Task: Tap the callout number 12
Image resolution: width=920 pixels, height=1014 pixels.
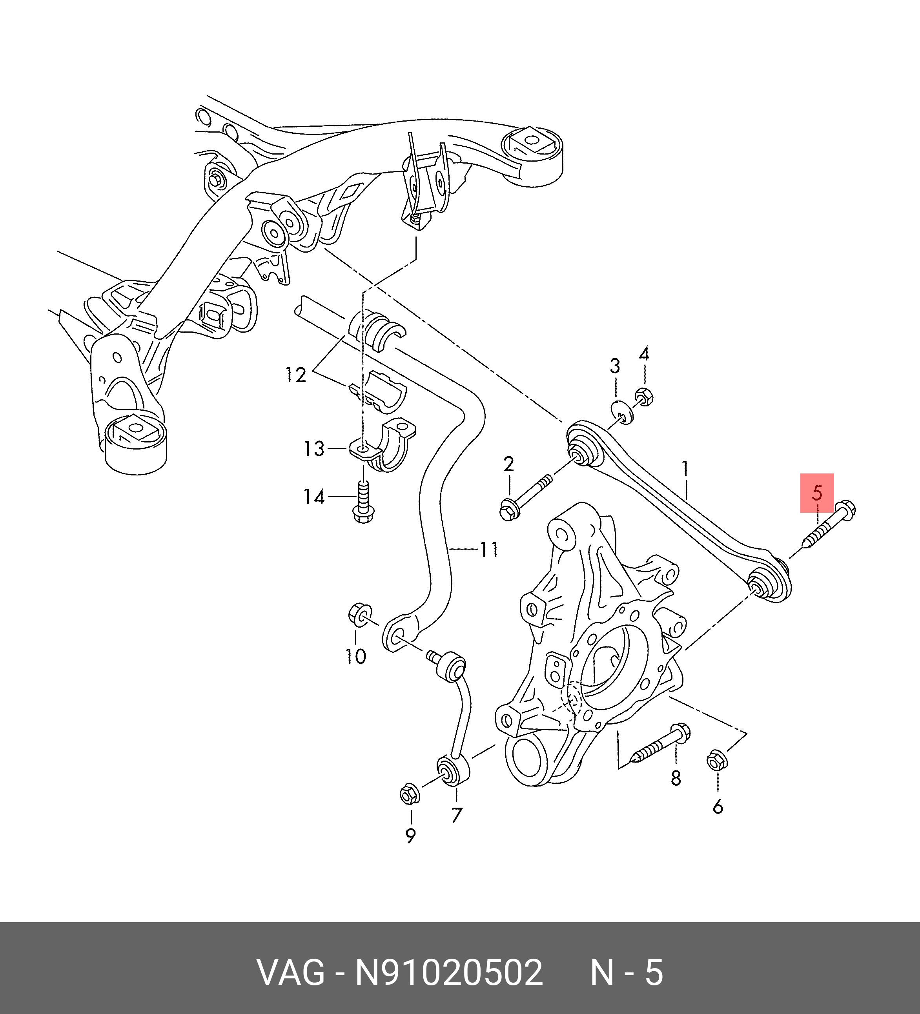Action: click(x=296, y=375)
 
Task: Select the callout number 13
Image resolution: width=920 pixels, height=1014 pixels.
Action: click(x=314, y=449)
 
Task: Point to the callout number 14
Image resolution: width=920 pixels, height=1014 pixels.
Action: click(x=314, y=497)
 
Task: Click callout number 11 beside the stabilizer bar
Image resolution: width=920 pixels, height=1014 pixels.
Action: click(x=489, y=549)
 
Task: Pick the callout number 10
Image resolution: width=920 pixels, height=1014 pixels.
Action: click(x=355, y=656)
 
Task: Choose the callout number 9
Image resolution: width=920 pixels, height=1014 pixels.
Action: click(x=410, y=836)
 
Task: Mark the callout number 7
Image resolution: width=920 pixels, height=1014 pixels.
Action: click(x=457, y=814)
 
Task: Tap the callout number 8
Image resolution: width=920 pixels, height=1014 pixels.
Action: click(x=676, y=778)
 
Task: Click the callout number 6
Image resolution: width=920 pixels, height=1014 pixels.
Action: click(x=718, y=807)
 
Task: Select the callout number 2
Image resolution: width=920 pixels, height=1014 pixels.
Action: click(x=508, y=464)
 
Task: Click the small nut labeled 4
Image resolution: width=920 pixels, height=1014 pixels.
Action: click(x=644, y=397)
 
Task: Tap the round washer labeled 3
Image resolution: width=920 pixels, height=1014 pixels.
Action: click(x=623, y=412)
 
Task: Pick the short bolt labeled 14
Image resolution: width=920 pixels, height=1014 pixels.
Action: click(x=363, y=503)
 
